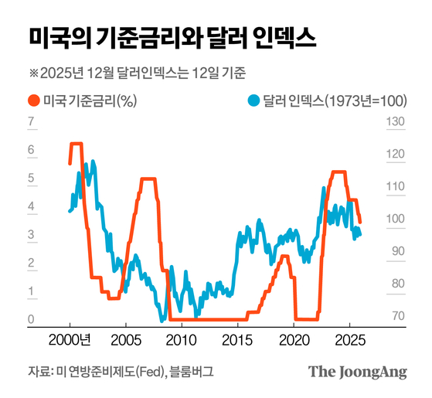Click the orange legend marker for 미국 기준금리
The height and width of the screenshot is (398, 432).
click(33, 101)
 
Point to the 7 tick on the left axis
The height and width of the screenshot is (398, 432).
click(31, 122)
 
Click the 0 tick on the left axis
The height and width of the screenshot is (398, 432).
click(31, 319)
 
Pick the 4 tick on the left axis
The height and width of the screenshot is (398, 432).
click(31, 206)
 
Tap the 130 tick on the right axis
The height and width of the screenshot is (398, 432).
click(394, 122)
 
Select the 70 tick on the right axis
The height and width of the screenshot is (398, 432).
click(394, 316)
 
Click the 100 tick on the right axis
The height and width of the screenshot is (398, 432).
click(394, 219)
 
